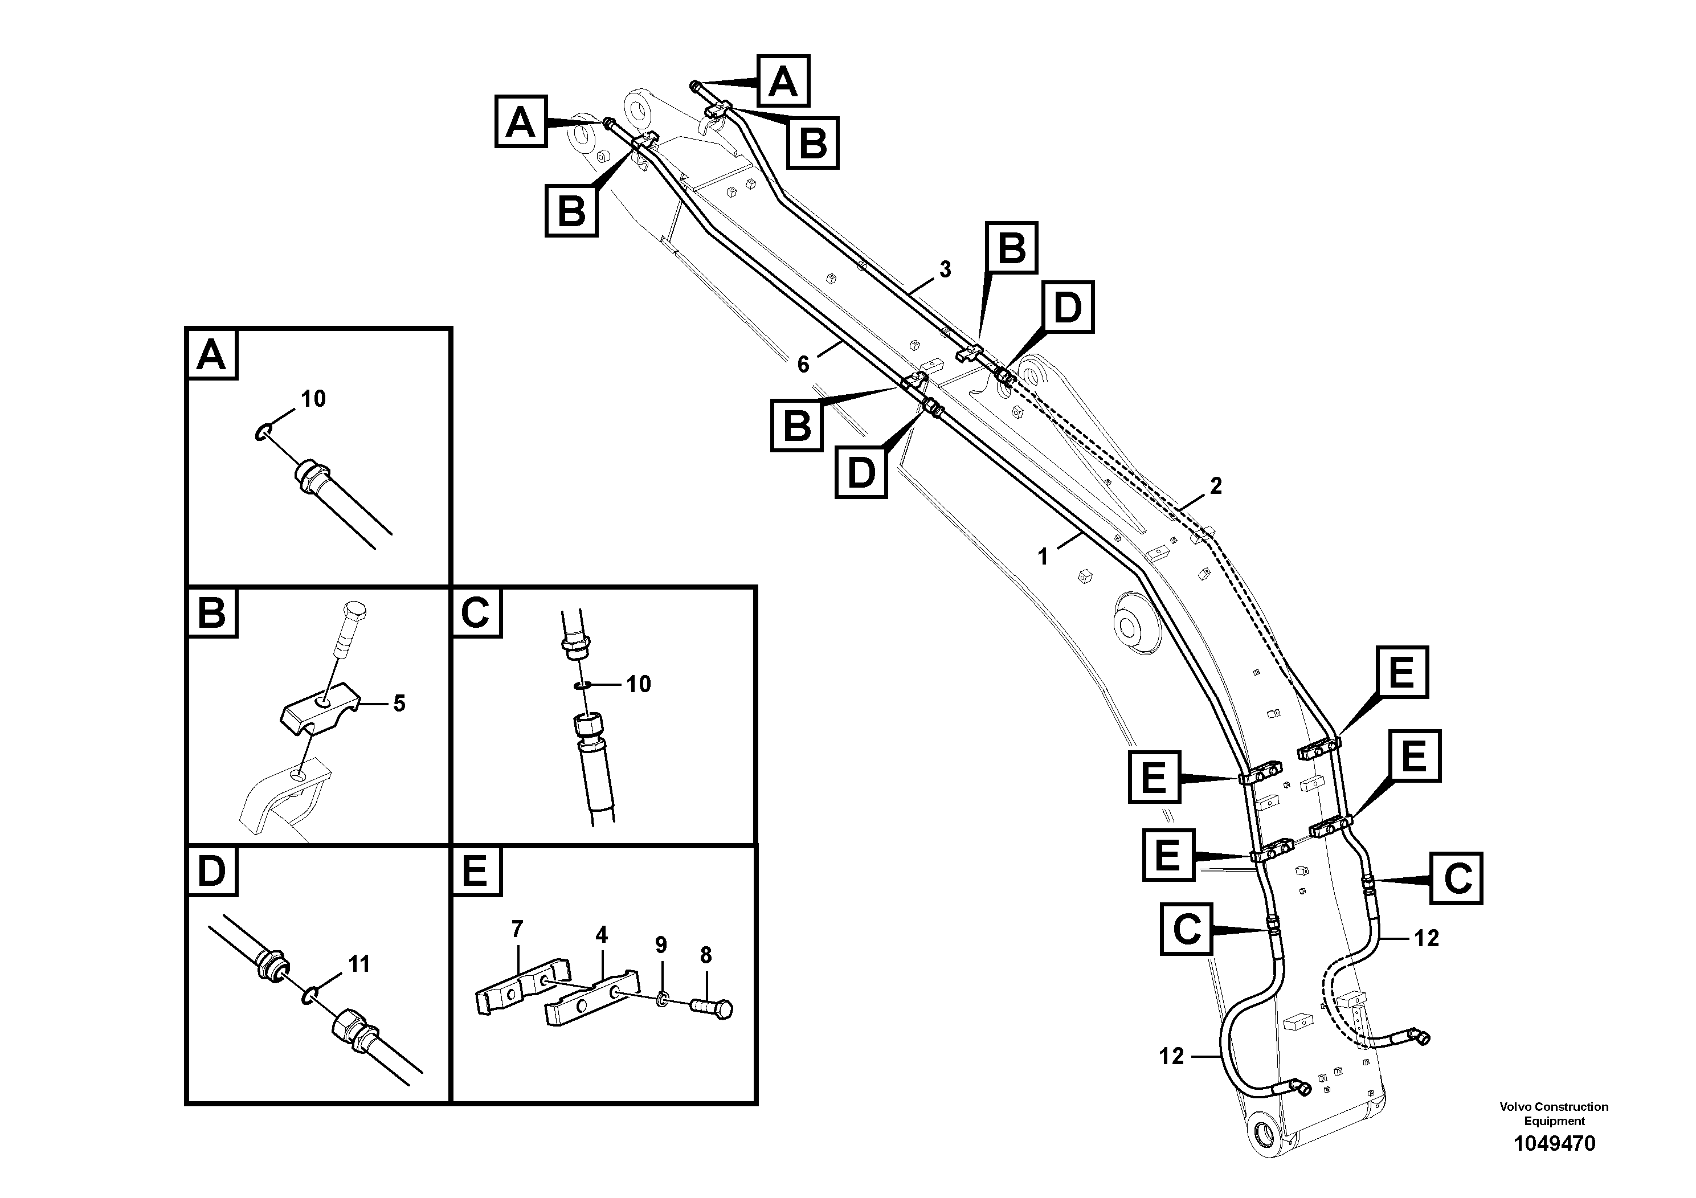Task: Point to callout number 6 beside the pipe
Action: (803, 363)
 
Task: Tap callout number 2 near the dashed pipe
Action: (1215, 486)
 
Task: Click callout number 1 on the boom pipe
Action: (1043, 557)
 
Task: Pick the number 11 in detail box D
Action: (359, 964)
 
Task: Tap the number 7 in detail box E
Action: (517, 929)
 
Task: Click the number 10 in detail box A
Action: (313, 399)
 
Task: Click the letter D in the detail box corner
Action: (212, 872)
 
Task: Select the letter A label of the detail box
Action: (212, 356)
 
